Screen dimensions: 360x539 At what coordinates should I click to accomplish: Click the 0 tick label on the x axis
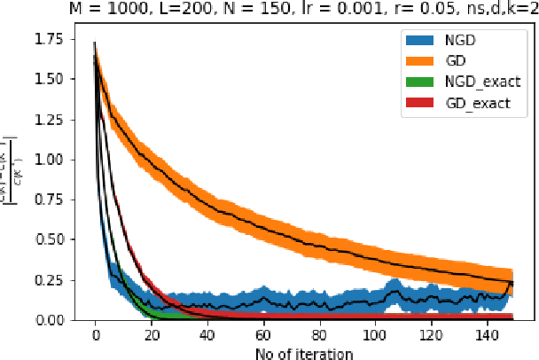[x=95, y=337]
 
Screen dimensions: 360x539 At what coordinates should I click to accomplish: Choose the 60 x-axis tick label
[x=263, y=337]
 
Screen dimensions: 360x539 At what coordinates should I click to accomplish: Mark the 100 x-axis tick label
[x=375, y=337]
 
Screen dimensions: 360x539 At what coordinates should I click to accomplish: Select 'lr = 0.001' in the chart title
[x=312, y=9]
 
